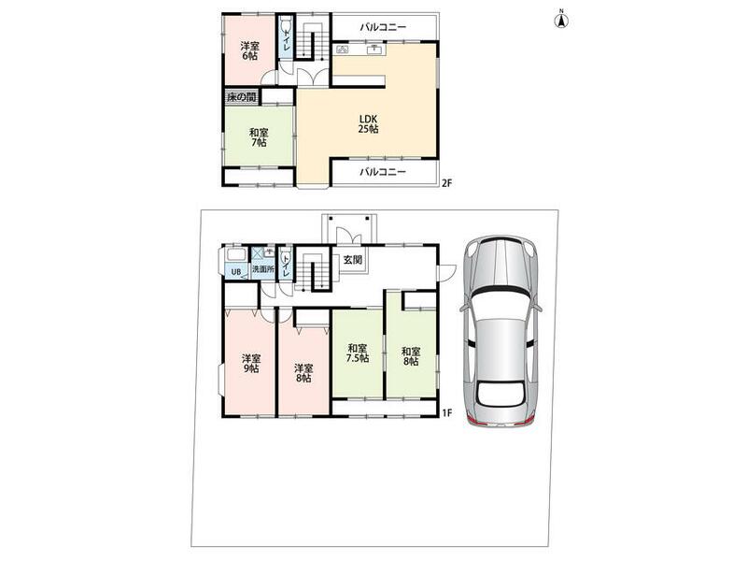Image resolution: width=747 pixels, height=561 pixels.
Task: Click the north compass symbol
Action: click(x=561, y=20)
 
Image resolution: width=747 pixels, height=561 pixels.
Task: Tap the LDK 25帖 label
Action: click(x=368, y=123)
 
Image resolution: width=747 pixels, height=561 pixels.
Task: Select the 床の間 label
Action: click(x=242, y=97)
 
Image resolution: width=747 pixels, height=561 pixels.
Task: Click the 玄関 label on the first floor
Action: click(x=353, y=260)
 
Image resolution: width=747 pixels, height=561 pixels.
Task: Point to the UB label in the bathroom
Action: click(x=236, y=272)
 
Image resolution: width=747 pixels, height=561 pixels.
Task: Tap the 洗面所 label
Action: click(x=263, y=269)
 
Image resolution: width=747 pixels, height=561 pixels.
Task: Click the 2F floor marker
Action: click(x=446, y=182)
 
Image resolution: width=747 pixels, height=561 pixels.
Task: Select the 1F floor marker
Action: click(x=446, y=413)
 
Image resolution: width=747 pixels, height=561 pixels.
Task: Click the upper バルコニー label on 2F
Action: click(x=383, y=27)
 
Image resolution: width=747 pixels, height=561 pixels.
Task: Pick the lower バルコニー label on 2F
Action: click(x=383, y=172)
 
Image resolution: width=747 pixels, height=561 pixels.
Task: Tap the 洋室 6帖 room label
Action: click(x=249, y=51)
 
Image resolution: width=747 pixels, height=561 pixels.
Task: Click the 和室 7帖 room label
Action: click(x=259, y=137)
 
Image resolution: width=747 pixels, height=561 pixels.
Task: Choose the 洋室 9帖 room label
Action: click(x=251, y=364)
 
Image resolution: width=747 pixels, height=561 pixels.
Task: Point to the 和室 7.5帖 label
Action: click(x=358, y=353)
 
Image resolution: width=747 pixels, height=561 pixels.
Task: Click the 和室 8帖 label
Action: click(x=411, y=357)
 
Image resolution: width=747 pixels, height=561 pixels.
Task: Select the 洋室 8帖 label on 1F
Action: click(x=303, y=373)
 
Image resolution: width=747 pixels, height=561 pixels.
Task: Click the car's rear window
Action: click(x=500, y=394)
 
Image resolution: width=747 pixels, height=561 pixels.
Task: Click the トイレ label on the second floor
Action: click(x=286, y=38)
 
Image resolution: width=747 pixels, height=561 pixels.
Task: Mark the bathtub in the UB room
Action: click(x=235, y=254)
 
